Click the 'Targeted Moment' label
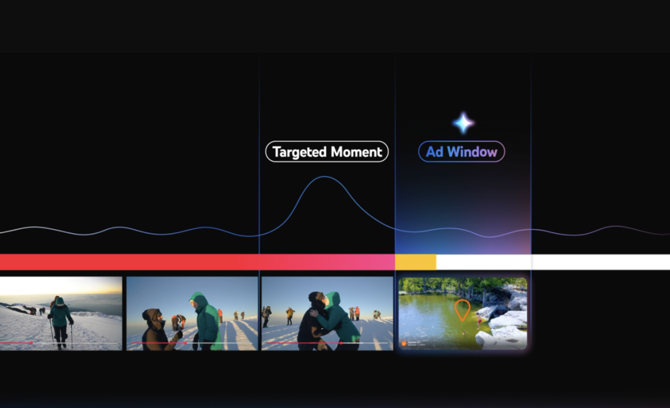point(327,151)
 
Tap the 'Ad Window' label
point(462,151)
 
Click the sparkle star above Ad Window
point(463,123)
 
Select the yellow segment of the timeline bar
point(416,262)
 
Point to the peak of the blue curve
point(324,177)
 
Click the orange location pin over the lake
point(462,310)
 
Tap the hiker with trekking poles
point(60,322)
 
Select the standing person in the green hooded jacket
point(206,321)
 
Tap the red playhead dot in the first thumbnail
point(31,343)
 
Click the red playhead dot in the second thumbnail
point(185,343)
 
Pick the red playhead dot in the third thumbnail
point(340,343)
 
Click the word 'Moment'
point(356,152)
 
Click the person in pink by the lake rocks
point(479,321)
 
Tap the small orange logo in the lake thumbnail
point(403,343)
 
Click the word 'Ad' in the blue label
point(434,152)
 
